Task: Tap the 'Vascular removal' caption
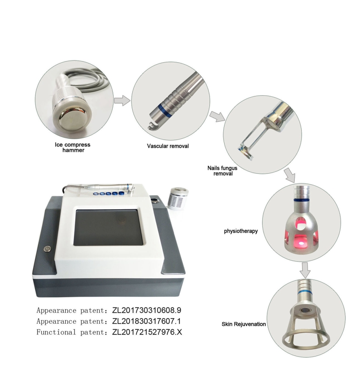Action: click(168, 146)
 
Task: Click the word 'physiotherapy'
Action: click(240, 232)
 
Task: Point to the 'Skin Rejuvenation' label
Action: click(244, 324)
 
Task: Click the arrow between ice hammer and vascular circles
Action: click(122, 100)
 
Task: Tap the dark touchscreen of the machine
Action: click(108, 227)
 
